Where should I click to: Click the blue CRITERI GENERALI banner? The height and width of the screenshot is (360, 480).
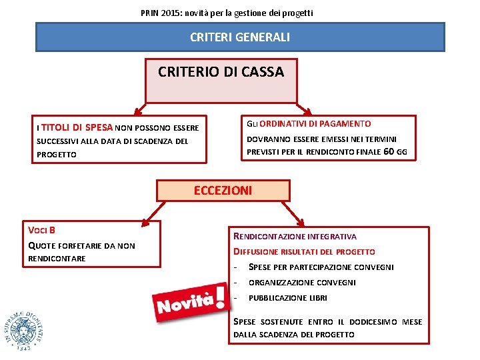[x=240, y=37]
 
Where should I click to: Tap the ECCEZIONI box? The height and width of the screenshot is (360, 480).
[x=223, y=191]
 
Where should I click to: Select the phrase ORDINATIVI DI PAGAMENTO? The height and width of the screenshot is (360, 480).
[x=315, y=124]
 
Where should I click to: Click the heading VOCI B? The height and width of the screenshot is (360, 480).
[x=41, y=230]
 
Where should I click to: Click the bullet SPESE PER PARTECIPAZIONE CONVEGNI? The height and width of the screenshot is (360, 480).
[x=321, y=267]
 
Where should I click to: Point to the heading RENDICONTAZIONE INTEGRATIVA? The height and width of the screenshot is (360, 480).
[x=295, y=236]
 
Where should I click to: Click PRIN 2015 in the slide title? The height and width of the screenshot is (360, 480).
[x=159, y=13]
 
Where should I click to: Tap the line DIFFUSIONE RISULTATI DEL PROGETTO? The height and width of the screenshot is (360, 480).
[x=304, y=252]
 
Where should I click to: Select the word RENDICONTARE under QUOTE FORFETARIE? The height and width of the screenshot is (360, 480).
[x=57, y=259]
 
